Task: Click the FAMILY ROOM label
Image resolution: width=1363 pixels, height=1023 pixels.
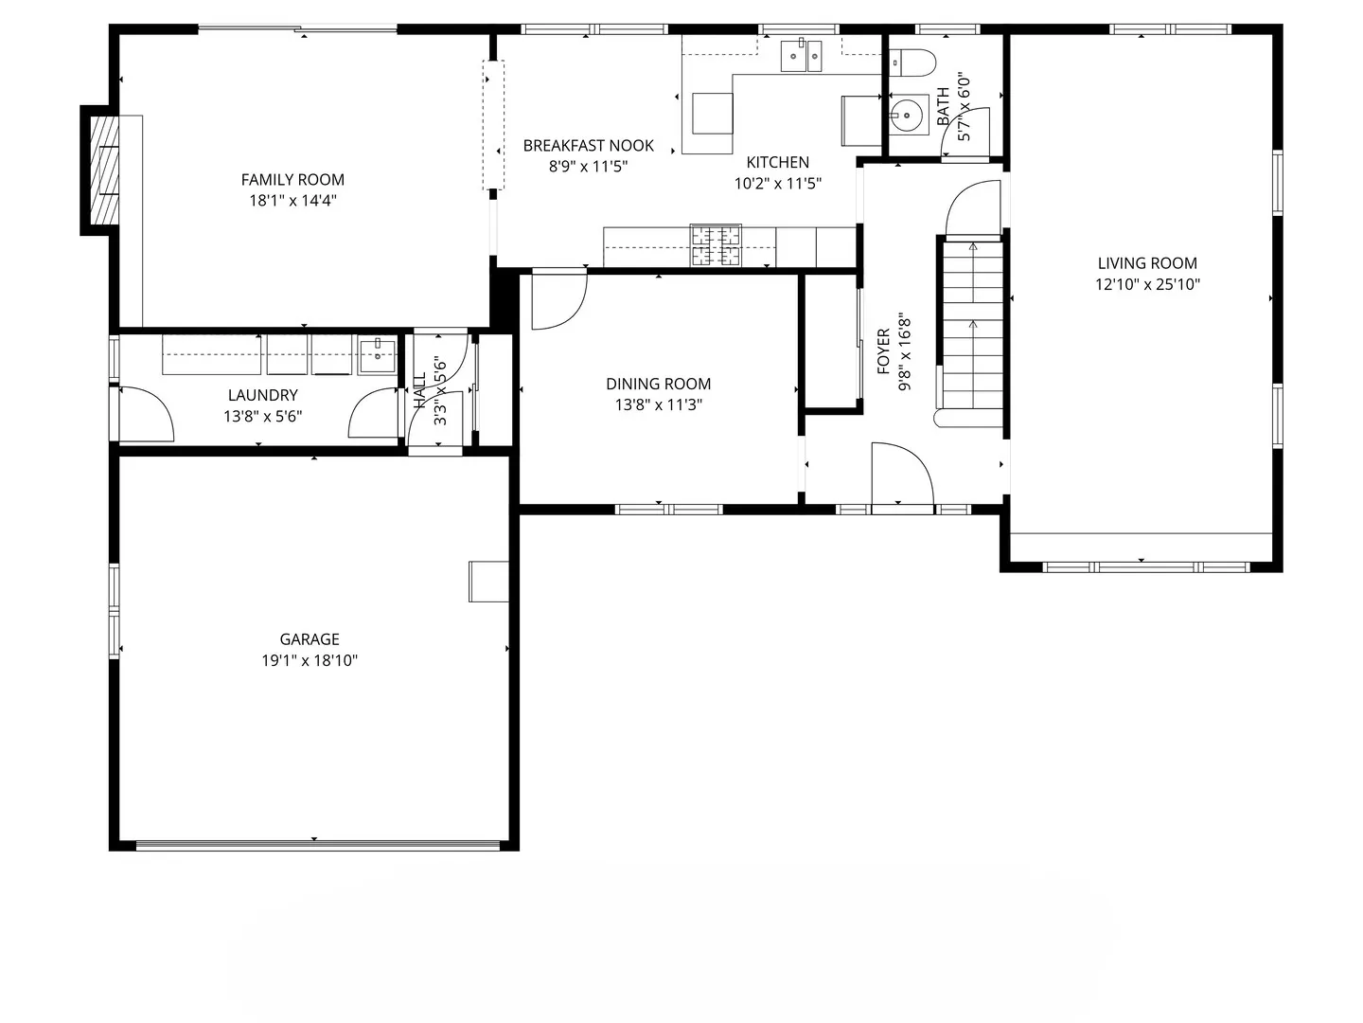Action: tap(292, 179)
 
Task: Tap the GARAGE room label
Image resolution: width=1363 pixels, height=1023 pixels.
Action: tap(310, 639)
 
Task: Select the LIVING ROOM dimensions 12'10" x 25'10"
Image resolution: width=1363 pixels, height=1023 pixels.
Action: tap(1147, 284)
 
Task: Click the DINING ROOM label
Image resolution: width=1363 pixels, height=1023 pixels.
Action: tap(658, 384)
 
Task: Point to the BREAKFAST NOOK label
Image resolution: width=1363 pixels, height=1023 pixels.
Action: tap(588, 145)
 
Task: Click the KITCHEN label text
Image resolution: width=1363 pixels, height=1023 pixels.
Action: tap(777, 162)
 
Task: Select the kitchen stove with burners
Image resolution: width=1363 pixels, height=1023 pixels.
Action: tap(716, 245)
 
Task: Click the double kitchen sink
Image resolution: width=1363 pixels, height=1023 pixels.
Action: tap(801, 56)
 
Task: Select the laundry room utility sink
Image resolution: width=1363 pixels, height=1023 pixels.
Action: tap(377, 355)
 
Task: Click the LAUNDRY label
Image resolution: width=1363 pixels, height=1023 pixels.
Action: tap(262, 395)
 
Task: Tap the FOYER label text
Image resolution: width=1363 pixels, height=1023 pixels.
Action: tap(883, 351)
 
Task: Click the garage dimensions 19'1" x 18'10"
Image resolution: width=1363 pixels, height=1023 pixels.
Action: tap(310, 661)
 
